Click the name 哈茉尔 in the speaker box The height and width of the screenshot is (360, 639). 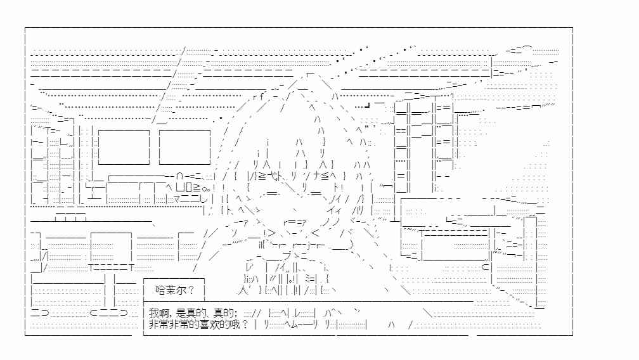[171, 290]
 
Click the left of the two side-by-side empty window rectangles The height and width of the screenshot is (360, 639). [124, 147]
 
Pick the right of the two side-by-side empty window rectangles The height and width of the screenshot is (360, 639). [184, 147]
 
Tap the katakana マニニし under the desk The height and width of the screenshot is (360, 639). [190, 200]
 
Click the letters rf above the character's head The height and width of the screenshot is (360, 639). [259, 97]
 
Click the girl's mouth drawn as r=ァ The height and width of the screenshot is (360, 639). [294, 222]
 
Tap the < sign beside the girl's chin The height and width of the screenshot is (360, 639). [316, 233]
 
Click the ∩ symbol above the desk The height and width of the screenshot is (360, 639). [179, 177]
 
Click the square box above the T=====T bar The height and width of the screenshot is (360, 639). [112, 247]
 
